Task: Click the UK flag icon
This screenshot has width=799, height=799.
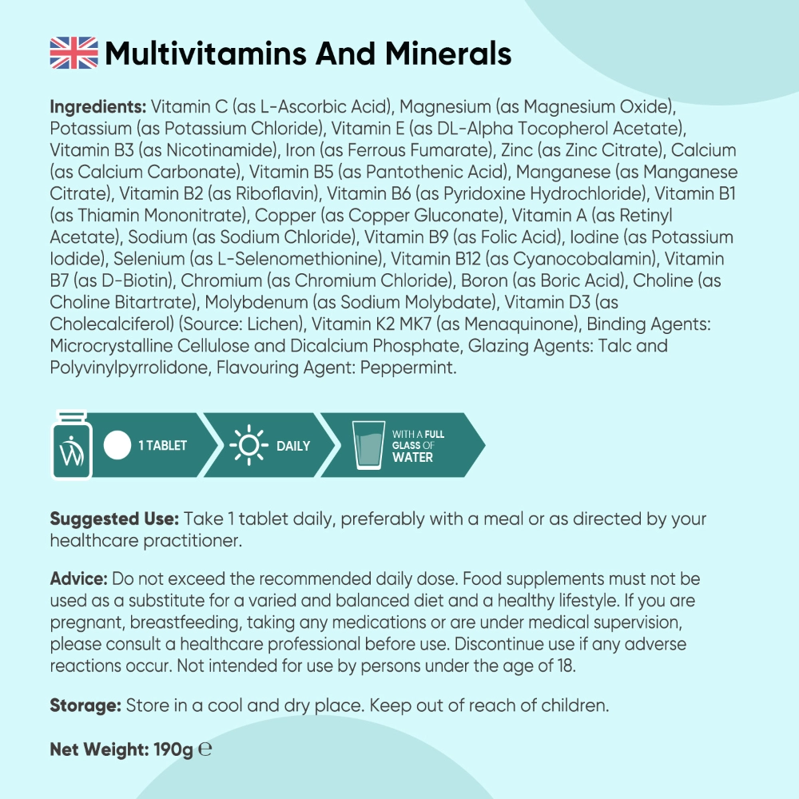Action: [74, 54]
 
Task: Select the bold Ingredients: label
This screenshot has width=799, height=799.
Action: [98, 107]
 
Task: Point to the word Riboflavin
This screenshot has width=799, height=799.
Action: [279, 193]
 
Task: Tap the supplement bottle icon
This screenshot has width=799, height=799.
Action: [71, 446]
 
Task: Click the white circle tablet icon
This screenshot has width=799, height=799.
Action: [117, 446]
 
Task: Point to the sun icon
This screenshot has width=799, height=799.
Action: [247, 446]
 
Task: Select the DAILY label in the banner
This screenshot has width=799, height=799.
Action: [293, 446]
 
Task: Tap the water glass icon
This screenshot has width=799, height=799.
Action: [368, 446]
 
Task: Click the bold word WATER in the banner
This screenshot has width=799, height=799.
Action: [412, 458]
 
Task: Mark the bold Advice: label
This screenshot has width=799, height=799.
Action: [79, 578]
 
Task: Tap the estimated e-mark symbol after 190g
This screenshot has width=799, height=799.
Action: [205, 750]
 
